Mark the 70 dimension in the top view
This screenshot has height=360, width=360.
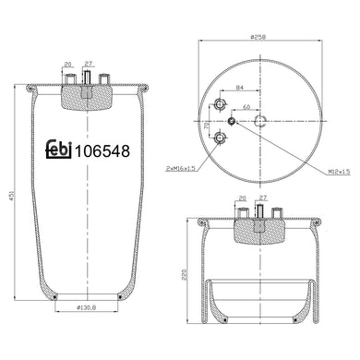pyautogui.click(x=207, y=121)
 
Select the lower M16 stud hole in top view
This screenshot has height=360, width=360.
pyautogui.click(x=220, y=138)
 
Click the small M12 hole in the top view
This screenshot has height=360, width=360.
pyautogui.click(x=231, y=120)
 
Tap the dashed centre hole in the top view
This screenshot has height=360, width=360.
pyautogui.click(x=260, y=121)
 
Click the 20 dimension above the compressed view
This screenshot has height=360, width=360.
pyautogui.click(x=243, y=198)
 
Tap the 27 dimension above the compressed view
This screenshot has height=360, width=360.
pyautogui.click(x=263, y=198)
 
